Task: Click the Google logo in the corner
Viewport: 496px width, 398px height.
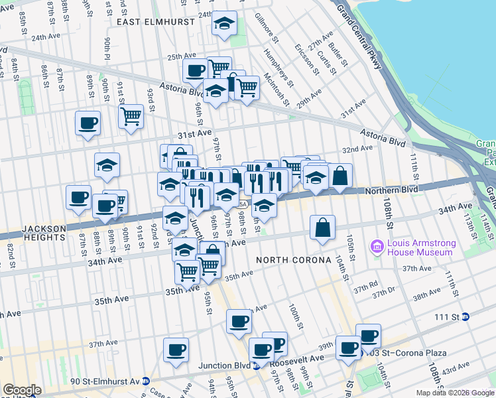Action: (22, 390)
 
